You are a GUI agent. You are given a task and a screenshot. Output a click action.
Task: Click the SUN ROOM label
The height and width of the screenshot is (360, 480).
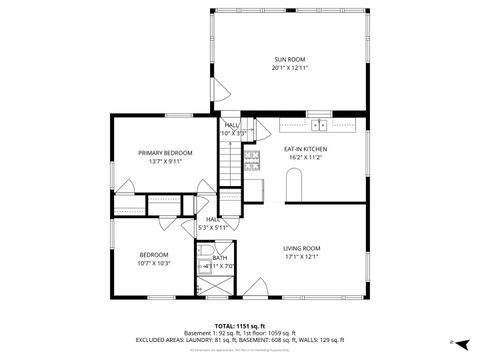(x=288, y=60)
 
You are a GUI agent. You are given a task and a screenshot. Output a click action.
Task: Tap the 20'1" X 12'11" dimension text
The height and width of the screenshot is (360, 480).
(x=288, y=68)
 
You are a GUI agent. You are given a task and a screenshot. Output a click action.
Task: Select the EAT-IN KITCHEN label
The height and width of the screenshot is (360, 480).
(x=305, y=149)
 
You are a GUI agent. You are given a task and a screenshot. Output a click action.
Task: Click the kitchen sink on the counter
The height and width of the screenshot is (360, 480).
(x=319, y=125)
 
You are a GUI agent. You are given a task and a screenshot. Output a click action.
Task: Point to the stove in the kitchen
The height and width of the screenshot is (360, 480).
(x=252, y=159)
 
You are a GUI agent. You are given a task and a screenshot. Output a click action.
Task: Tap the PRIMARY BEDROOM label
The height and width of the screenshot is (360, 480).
(x=165, y=152)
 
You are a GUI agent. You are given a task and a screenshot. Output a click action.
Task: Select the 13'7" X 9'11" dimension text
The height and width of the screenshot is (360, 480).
(x=165, y=160)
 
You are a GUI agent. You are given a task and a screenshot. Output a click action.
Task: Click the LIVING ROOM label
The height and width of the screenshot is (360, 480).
(x=301, y=247)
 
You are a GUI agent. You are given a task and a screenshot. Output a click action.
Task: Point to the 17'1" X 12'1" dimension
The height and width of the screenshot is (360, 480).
(x=301, y=255)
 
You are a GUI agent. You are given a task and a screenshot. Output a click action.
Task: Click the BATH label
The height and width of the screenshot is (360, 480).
(x=220, y=258)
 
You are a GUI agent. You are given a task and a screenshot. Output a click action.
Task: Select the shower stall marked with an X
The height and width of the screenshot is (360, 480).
(x=213, y=285)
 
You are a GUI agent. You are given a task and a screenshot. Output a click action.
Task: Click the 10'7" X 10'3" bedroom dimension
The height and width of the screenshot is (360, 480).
(x=154, y=263)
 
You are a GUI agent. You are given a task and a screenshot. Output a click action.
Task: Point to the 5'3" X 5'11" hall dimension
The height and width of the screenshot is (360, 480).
(x=213, y=227)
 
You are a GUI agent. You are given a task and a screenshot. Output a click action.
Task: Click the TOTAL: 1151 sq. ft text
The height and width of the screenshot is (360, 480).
(x=240, y=326)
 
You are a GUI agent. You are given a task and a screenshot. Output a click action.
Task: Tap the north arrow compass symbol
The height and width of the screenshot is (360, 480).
(x=452, y=341)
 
